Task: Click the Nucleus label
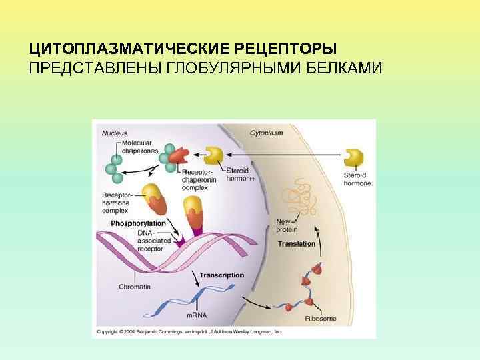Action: click(114, 133)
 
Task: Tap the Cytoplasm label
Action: click(266, 133)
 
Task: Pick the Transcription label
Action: click(222, 275)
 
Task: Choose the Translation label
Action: click(296, 244)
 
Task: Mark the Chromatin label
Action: click(134, 286)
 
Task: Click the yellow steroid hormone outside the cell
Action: click(354, 157)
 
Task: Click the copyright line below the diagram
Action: click(190, 331)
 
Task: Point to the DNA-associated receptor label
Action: click(153, 240)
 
